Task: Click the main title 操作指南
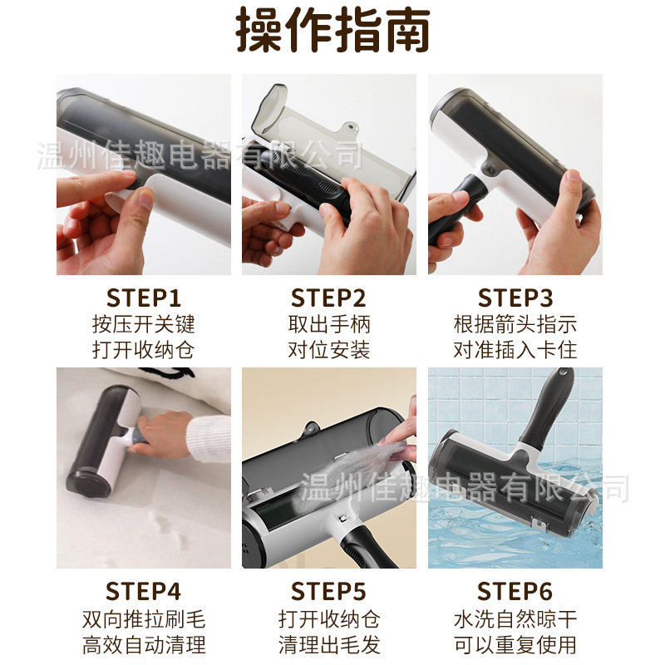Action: (x=333, y=30)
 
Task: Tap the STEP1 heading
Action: (x=144, y=298)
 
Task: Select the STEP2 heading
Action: (x=328, y=298)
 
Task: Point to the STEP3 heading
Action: (x=515, y=298)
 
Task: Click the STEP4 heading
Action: (x=144, y=591)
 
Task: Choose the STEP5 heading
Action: (x=328, y=591)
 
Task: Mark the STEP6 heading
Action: (x=515, y=591)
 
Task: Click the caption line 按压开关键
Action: (x=144, y=324)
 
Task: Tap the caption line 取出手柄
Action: (x=329, y=324)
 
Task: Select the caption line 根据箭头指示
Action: (x=515, y=324)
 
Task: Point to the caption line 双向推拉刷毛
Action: (x=144, y=619)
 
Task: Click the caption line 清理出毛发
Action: (x=329, y=645)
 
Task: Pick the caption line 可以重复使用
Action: (x=515, y=645)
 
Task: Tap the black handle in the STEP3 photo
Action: (x=454, y=212)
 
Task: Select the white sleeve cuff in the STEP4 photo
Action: (x=209, y=439)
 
